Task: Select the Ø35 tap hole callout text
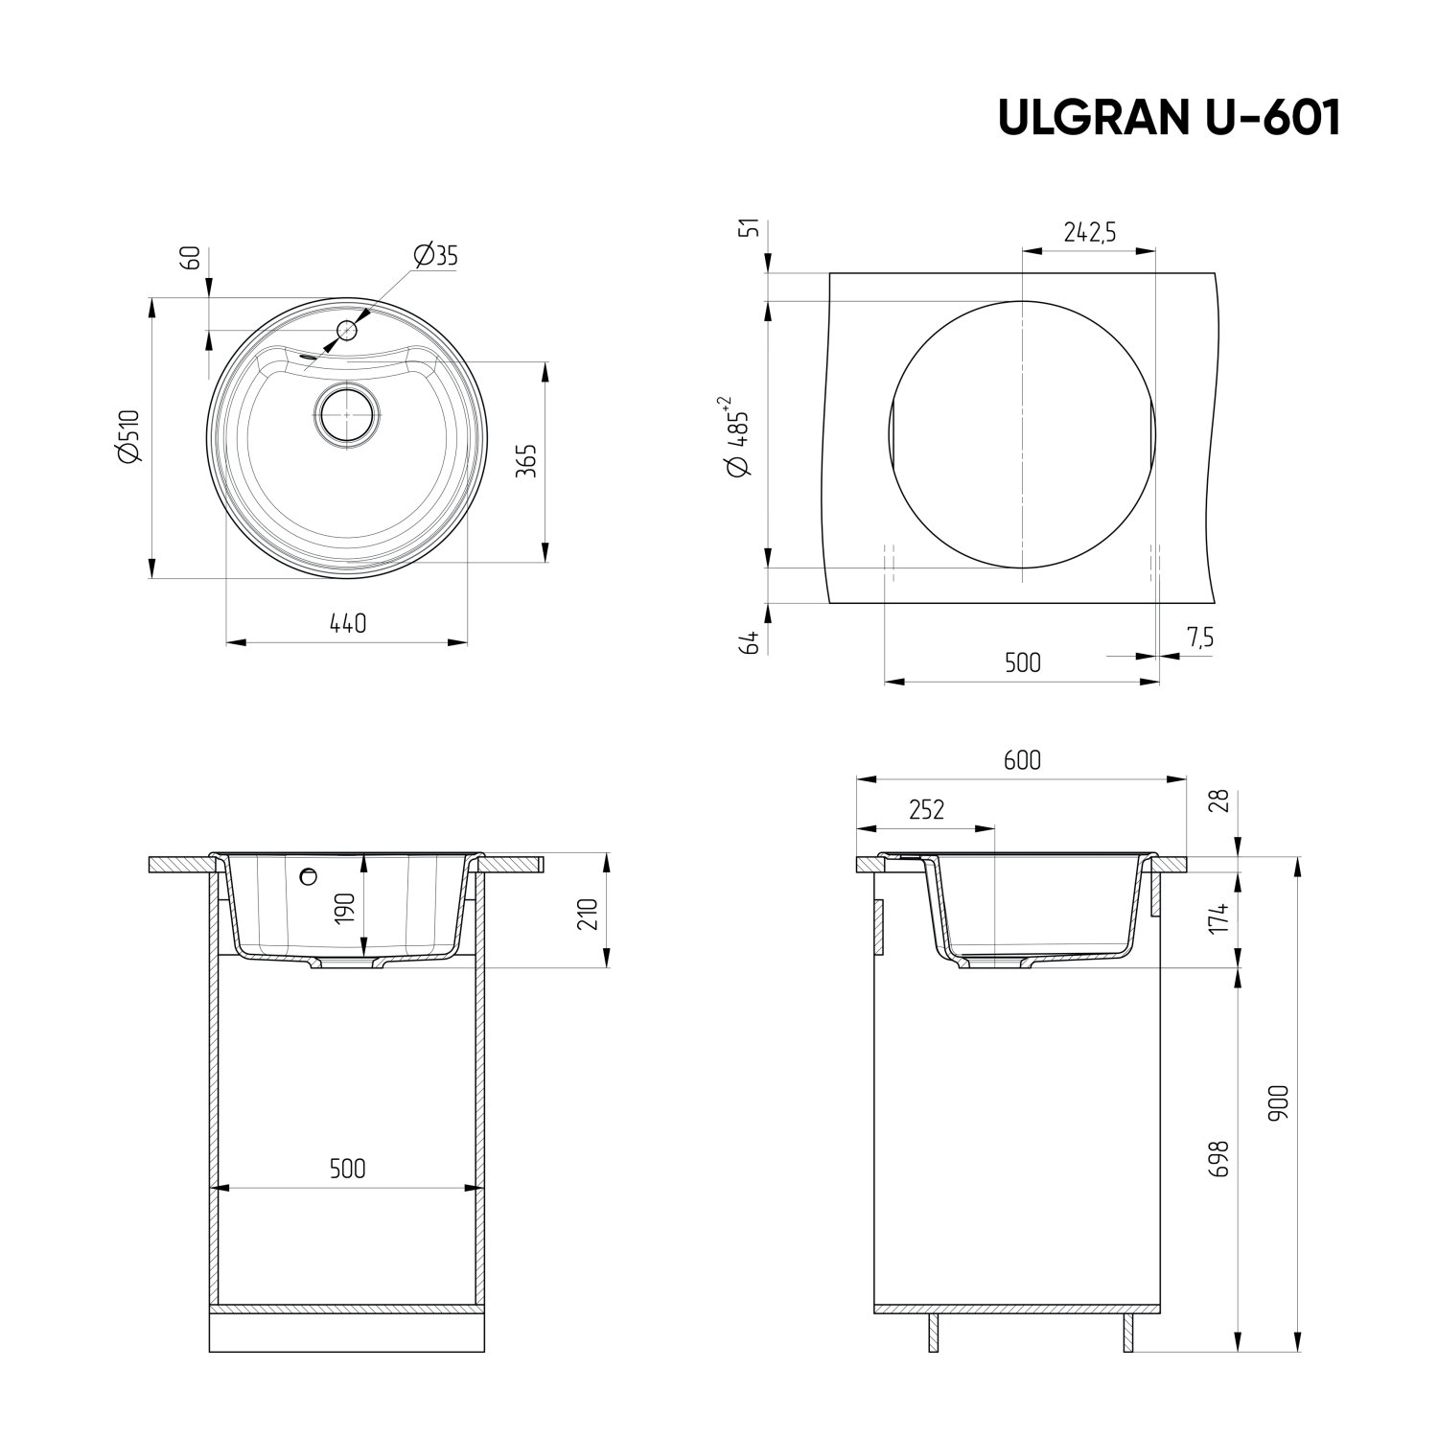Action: tap(436, 255)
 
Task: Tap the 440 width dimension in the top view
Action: tap(347, 623)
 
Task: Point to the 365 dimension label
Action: tap(525, 460)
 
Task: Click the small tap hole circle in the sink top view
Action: tap(346, 331)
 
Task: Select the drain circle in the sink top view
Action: tap(347, 414)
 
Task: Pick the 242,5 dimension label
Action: tap(1089, 232)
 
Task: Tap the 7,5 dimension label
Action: tap(1198, 638)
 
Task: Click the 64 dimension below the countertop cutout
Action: tap(752, 642)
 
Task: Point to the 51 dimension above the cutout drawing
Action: tap(752, 228)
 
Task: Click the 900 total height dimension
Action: tap(1283, 1102)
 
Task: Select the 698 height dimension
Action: tap(1219, 1158)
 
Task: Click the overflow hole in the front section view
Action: tap(308, 875)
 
